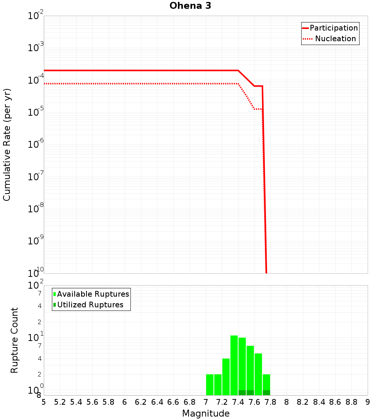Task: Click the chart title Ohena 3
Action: pyautogui.click(x=190, y=6)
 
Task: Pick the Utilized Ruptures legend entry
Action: pyautogui.click(x=90, y=305)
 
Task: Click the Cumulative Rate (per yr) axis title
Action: pyautogui.click(x=7, y=145)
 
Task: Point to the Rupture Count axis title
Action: pyautogui.click(x=14, y=340)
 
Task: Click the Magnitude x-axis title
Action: pyautogui.click(x=206, y=414)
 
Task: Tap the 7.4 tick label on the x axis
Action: pyautogui.click(x=238, y=402)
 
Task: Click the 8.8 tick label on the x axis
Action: pyautogui.click(x=351, y=402)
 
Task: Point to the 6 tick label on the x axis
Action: pyautogui.click(x=125, y=402)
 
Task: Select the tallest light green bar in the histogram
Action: pyautogui.click(x=234, y=365)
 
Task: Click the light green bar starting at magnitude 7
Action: pyautogui.click(x=210, y=384)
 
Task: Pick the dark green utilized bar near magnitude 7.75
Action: pyautogui.click(x=266, y=393)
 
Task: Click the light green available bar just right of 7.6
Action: pyautogui.click(x=258, y=374)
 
